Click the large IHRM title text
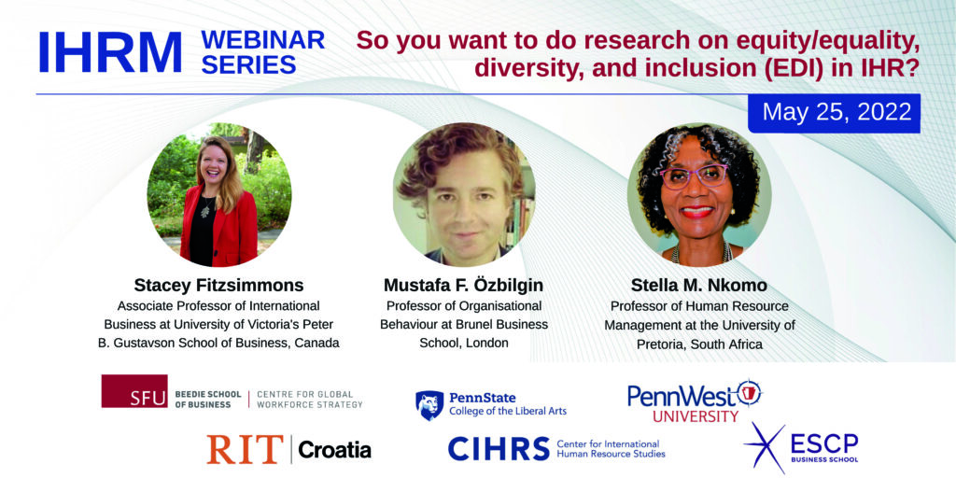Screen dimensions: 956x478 (x=110, y=53)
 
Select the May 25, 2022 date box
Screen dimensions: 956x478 (x=834, y=113)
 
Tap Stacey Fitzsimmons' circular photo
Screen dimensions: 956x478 (x=219, y=194)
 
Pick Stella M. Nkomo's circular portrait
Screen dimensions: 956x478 (x=699, y=194)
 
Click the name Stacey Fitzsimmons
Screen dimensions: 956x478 (x=218, y=286)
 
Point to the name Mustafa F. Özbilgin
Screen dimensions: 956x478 (x=464, y=286)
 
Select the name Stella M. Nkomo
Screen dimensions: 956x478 (x=699, y=287)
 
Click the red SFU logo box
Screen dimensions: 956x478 (x=134, y=391)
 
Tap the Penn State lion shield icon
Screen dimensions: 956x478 (x=429, y=405)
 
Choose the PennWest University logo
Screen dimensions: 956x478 (x=695, y=400)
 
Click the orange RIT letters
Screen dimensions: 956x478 (x=246, y=449)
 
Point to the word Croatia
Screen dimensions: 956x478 (x=335, y=451)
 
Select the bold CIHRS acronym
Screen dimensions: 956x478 (x=499, y=449)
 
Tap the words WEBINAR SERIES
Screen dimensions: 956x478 (x=262, y=52)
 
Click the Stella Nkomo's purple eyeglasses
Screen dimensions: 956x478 (x=695, y=176)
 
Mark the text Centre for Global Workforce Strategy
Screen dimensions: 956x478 (x=309, y=400)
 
